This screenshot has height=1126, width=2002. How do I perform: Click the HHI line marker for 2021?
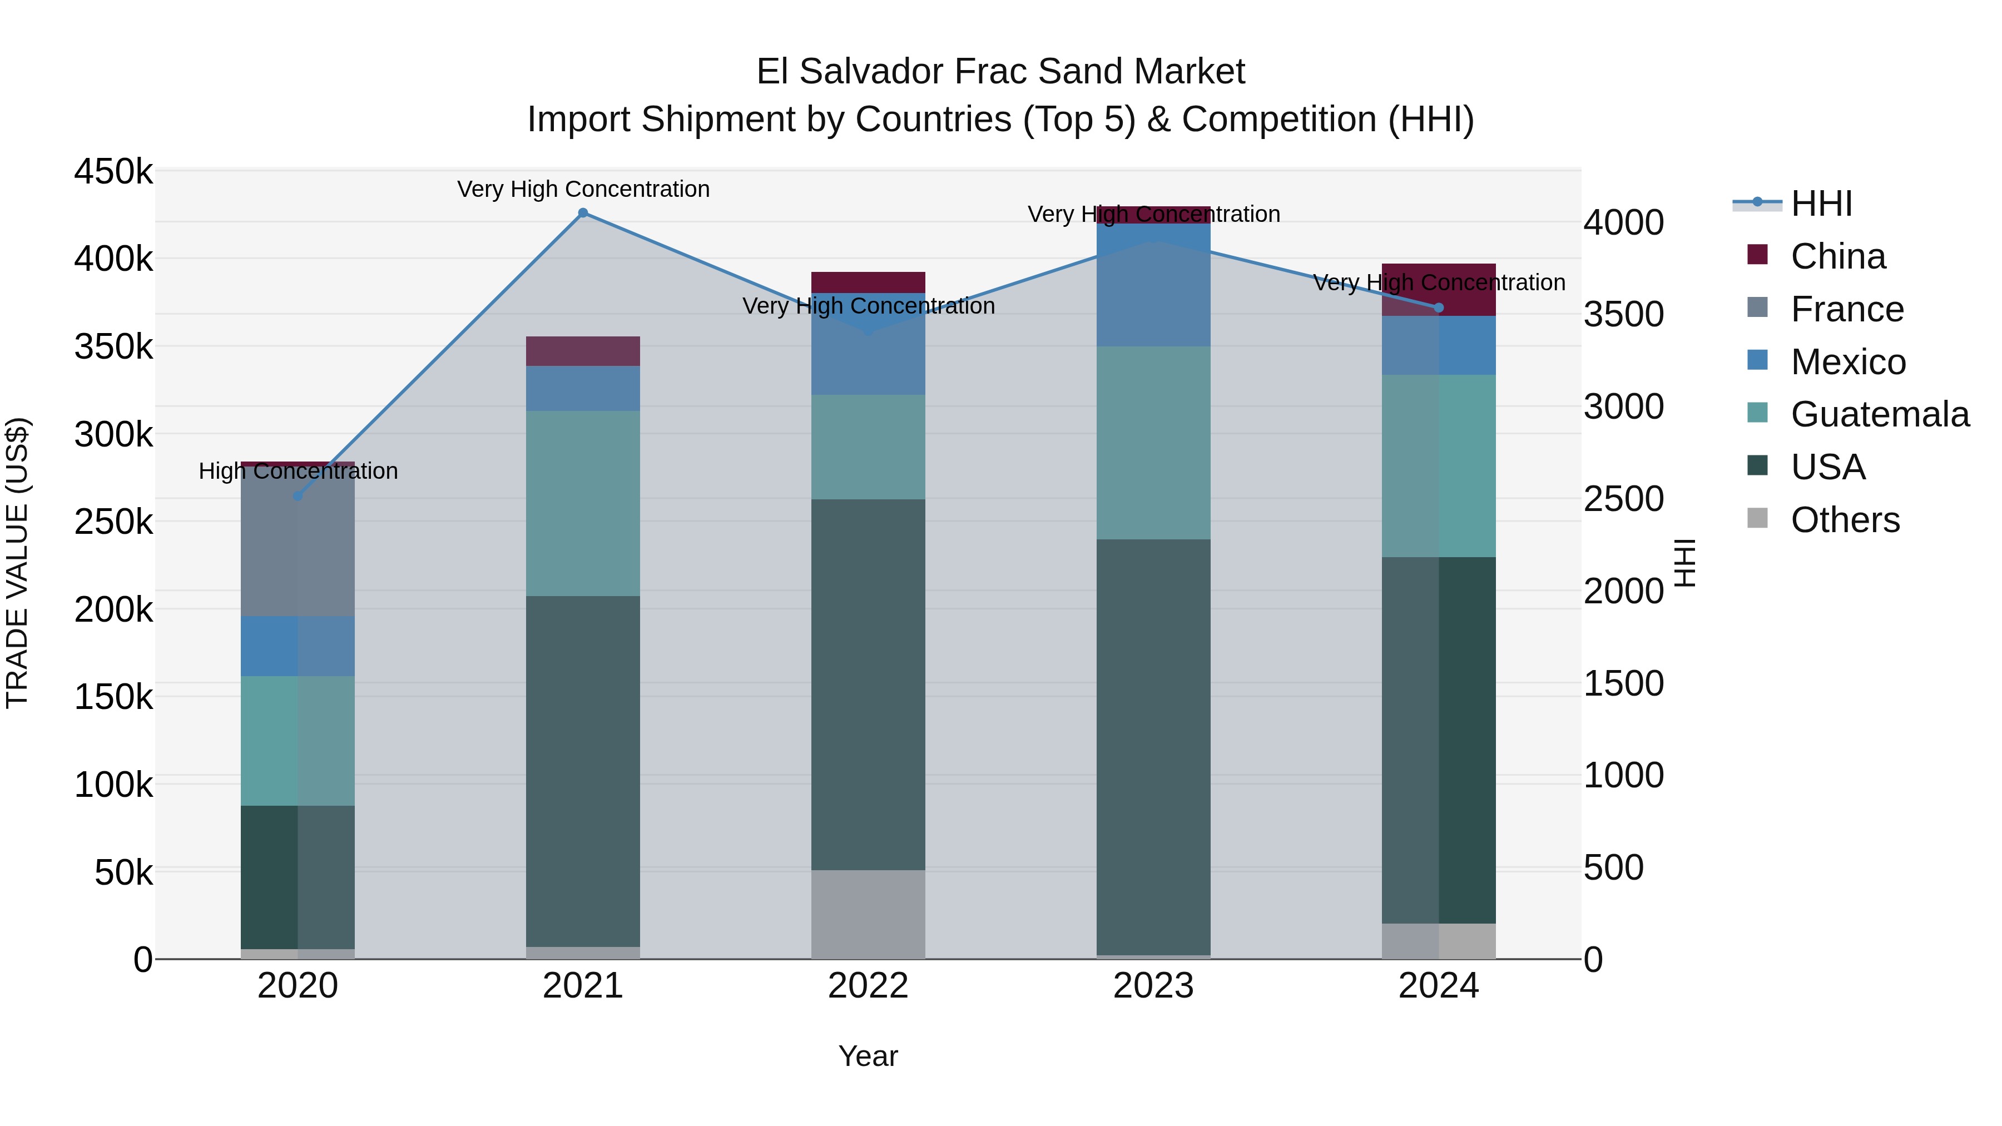tap(583, 213)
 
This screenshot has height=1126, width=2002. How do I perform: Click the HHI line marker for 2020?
tap(298, 496)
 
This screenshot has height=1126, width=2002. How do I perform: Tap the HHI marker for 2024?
tap(1439, 307)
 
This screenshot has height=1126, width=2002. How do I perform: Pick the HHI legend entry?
tap(1821, 204)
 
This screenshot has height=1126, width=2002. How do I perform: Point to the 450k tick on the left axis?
tap(113, 172)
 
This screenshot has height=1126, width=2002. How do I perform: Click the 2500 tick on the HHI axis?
tap(1623, 499)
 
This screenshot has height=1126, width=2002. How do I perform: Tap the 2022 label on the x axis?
tap(868, 986)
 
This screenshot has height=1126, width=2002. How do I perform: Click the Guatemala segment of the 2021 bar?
tap(583, 504)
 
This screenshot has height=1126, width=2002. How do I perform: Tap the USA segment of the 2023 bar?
tap(1153, 746)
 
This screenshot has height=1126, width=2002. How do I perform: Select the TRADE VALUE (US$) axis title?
tap(17, 563)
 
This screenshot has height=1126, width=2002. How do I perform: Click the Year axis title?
tap(868, 1056)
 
